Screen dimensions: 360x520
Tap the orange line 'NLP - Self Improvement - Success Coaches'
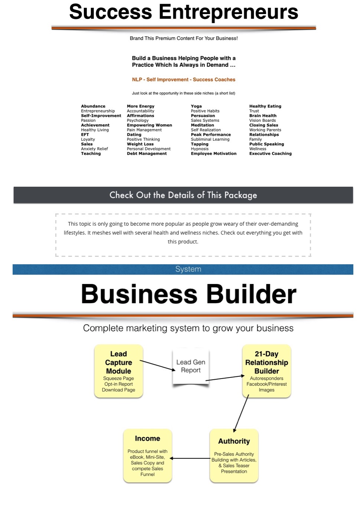point(184,79)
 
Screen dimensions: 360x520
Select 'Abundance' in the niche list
point(93,106)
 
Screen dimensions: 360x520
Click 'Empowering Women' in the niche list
point(149,125)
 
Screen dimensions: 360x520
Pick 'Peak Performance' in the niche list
point(211,134)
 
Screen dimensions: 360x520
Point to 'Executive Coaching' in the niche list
point(271,153)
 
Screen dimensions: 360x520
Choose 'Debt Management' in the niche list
point(147,153)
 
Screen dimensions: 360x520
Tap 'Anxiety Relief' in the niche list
point(95,149)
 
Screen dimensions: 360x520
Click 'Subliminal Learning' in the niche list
point(210,139)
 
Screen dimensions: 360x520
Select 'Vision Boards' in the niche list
point(262,120)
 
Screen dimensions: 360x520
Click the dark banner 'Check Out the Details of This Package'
point(183,195)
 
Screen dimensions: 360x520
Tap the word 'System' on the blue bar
point(188,269)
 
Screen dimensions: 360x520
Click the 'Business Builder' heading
point(189,294)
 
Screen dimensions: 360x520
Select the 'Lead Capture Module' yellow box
point(118,371)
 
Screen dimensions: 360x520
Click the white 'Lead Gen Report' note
point(190,366)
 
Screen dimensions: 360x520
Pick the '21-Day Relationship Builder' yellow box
point(266,371)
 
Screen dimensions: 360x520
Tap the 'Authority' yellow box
point(234,455)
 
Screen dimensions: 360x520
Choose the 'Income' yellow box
point(147,455)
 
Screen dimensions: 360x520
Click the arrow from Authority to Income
point(190,458)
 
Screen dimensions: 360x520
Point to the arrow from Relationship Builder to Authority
point(241,413)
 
